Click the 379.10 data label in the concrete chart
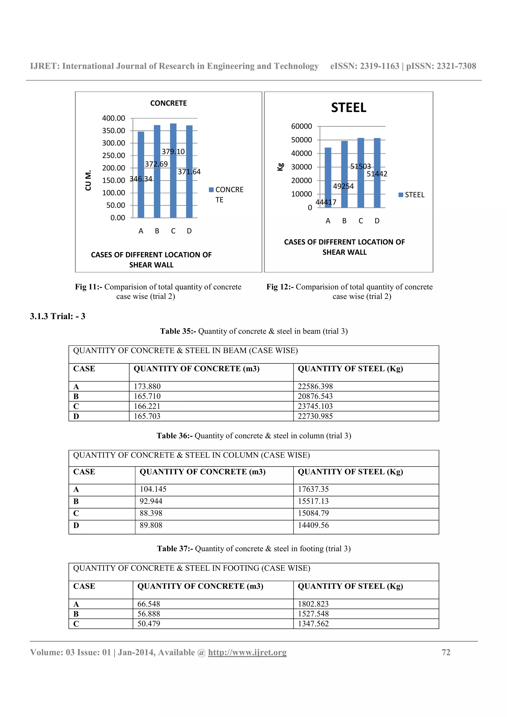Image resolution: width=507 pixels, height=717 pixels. [x=173, y=152]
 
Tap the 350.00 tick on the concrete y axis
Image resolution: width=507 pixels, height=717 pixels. [x=113, y=131]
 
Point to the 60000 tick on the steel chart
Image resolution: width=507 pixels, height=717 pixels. [x=302, y=126]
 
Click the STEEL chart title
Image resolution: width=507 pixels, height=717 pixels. [x=349, y=108]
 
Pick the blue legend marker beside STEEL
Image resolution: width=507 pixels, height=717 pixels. [x=401, y=195]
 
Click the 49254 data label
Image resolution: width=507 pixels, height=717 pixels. [x=343, y=187]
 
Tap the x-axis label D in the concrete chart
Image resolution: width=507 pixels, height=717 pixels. [x=189, y=231]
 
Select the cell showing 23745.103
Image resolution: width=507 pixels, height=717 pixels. [x=315, y=406]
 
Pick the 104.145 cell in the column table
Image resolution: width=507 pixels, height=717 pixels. [x=153, y=489]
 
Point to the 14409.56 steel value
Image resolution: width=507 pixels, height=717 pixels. [x=313, y=525]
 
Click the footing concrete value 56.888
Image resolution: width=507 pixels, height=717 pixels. [x=149, y=614]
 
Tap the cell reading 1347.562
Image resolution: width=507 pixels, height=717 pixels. [x=313, y=624]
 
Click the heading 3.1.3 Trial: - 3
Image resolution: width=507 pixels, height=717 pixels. [x=58, y=316]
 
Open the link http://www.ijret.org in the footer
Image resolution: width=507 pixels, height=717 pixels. [x=247, y=652]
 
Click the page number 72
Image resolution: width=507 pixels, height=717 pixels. [x=446, y=652]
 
